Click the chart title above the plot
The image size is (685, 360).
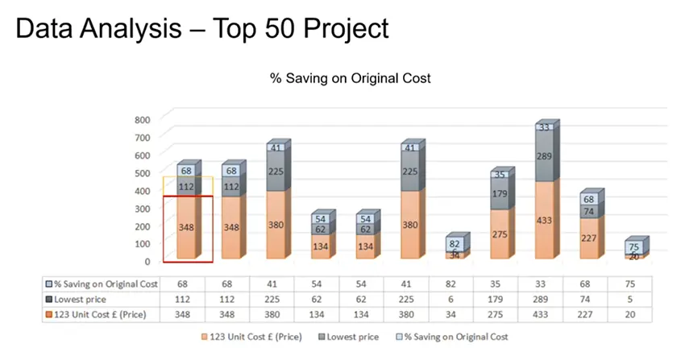pyautogui.click(x=351, y=78)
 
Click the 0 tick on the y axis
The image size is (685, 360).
pyautogui.click(x=147, y=261)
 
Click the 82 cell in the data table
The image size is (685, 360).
pyautogui.click(x=455, y=283)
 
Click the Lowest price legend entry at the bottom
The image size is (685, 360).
pyautogui.click(x=361, y=336)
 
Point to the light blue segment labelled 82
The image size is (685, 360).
pyautogui.click(x=455, y=244)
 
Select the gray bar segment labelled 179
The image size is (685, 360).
pyautogui.click(x=500, y=194)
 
